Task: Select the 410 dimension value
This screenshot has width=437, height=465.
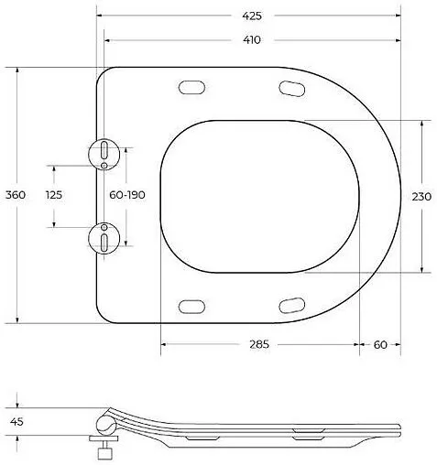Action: [252, 39]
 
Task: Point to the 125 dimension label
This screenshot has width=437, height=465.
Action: [54, 195]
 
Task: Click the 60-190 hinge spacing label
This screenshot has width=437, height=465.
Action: [127, 195]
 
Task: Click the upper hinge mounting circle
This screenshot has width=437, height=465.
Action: [104, 153]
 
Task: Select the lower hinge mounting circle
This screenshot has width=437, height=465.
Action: [104, 240]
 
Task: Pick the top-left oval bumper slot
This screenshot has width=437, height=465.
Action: [193, 88]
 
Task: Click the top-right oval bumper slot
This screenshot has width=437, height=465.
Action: [292, 88]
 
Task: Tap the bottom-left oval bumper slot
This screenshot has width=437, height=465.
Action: [193, 306]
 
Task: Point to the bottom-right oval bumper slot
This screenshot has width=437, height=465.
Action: [292, 306]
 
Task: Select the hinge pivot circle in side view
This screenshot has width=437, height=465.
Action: [105, 424]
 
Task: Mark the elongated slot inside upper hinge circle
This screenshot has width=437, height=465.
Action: [104, 149]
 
